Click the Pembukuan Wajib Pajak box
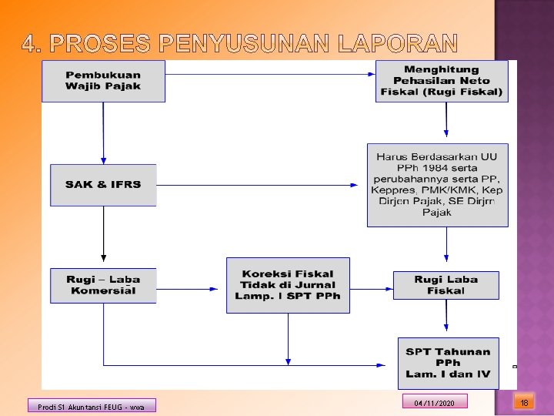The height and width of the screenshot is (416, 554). tap(103, 81)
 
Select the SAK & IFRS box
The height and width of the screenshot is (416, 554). tap(103, 185)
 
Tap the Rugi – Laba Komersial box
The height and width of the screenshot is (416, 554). tap(103, 285)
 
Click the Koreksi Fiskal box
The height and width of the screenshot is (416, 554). tap(288, 285)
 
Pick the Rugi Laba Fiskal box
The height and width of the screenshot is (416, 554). tap(446, 285)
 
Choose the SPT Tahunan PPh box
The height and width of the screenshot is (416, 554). tap(448, 363)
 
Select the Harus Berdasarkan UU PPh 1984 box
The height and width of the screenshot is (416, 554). tap(437, 184)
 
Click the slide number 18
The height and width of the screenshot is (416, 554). tap(524, 402)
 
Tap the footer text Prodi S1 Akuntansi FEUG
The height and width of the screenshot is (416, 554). tap(92, 406)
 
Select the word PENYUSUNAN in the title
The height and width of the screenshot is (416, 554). tap(234, 43)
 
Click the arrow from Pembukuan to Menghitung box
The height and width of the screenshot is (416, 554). tap(269, 74)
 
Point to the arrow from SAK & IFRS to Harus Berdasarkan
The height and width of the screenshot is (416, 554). tap(258, 185)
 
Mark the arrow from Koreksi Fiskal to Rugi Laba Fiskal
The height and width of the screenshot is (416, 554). tap(371, 285)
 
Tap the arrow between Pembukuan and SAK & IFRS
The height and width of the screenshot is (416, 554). tap(103, 133)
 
